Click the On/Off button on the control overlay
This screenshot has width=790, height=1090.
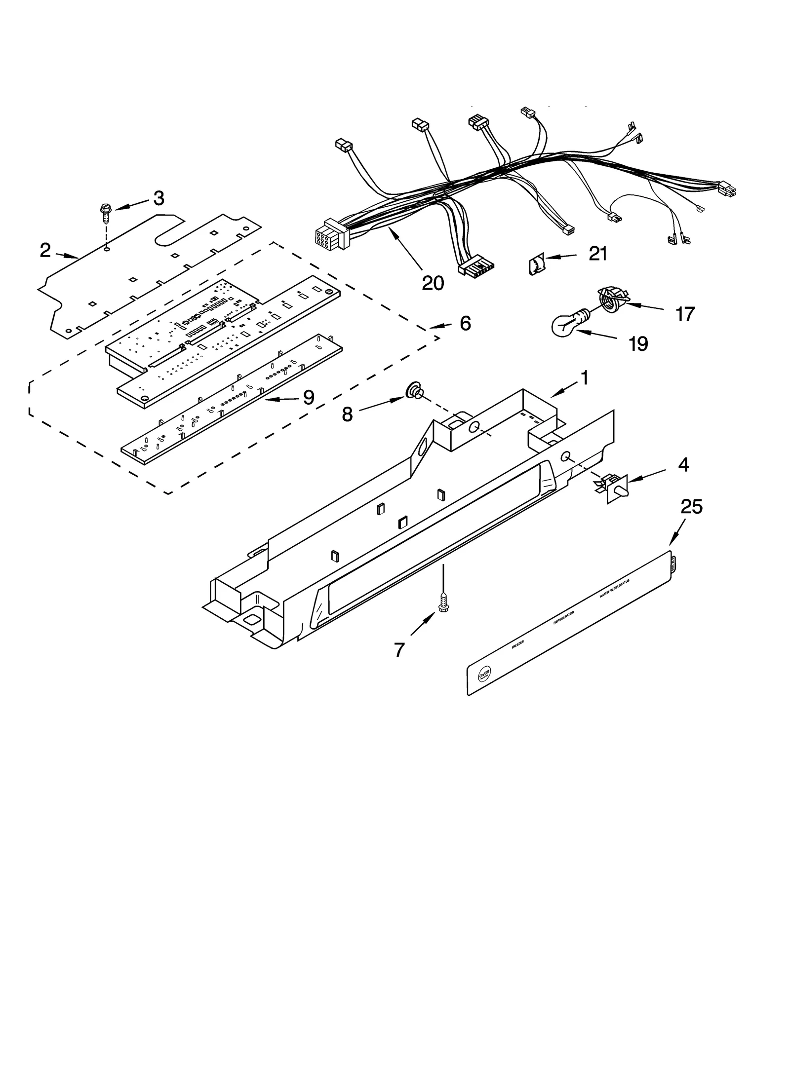pyautogui.click(x=484, y=674)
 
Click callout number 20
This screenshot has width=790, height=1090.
pyautogui.click(x=433, y=283)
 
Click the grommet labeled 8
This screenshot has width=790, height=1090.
pyautogui.click(x=414, y=393)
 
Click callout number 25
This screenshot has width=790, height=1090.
pyautogui.click(x=691, y=506)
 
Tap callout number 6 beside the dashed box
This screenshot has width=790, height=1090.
pyautogui.click(x=465, y=323)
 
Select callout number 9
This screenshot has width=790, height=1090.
pyautogui.click(x=309, y=397)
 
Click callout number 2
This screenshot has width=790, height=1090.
pyautogui.click(x=45, y=251)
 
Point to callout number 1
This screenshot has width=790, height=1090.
pyautogui.click(x=584, y=378)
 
